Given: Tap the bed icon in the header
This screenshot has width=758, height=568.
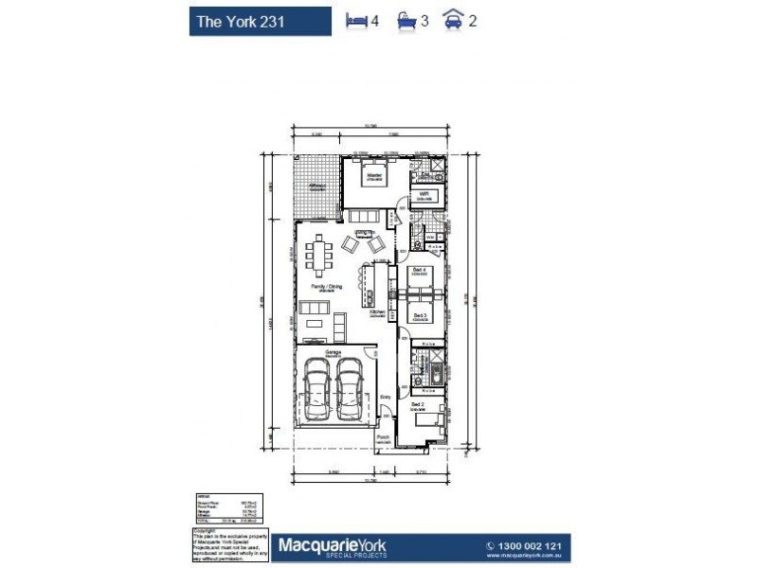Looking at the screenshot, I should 356,20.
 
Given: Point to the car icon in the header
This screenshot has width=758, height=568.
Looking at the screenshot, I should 454,20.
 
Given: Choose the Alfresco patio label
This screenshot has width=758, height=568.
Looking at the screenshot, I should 316,186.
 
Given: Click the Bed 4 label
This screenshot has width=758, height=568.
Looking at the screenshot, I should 417,270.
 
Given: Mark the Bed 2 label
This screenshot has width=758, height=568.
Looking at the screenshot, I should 417,404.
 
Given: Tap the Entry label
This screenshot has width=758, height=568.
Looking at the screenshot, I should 385,398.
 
